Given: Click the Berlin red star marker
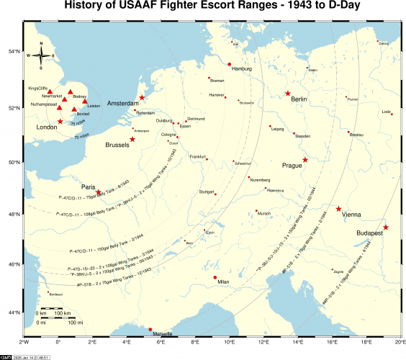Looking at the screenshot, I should coord(288,94).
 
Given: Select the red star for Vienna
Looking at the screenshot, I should coord(339,209).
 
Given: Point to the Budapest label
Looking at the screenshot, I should coord(370,234).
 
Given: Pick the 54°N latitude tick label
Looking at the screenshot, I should coord(14,53).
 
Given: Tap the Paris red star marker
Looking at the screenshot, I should coord(99,183).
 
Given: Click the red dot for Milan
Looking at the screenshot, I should coord(215,277).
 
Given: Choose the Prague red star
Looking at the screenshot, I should coord(305,160).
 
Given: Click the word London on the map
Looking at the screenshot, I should coord(46,127).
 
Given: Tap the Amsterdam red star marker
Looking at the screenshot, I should coord(142,97).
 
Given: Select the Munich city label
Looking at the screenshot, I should coord(264,213).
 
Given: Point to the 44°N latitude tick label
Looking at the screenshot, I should coord(14,312).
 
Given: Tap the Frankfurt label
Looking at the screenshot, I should coord(197,157).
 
